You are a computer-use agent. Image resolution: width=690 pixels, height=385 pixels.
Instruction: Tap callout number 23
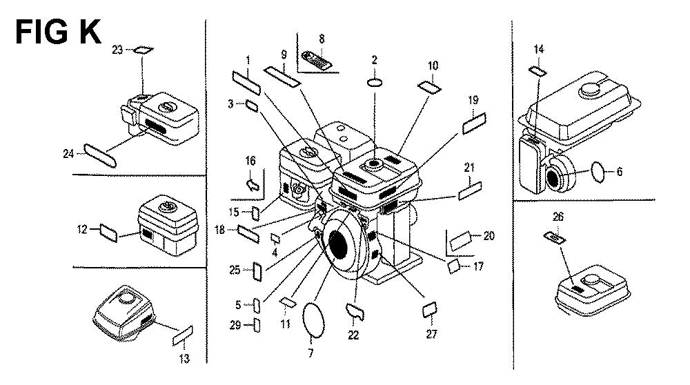pyautogui.click(x=117, y=50)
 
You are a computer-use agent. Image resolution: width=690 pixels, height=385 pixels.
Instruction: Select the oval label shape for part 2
pyautogui.click(x=375, y=82)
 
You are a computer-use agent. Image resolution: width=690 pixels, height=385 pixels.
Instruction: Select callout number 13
pyautogui.click(x=184, y=358)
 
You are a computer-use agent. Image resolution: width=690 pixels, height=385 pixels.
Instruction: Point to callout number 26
pyautogui.click(x=558, y=217)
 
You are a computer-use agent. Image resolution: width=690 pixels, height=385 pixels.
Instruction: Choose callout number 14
pyautogui.click(x=539, y=49)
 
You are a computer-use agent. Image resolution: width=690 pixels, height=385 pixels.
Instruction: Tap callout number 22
pyautogui.click(x=353, y=335)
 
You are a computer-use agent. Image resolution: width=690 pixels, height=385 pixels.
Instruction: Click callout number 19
pyautogui.click(x=473, y=100)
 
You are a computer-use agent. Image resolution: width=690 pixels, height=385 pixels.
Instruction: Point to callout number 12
pyautogui.click(x=82, y=229)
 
